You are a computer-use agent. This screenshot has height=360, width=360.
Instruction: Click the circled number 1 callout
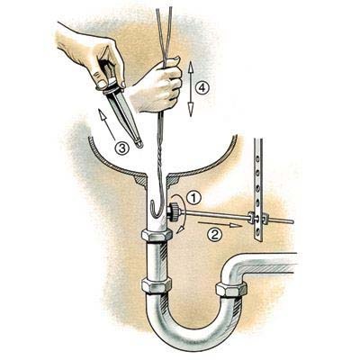[x=193, y=198]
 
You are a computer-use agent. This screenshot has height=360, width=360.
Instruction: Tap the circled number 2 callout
[x=215, y=234]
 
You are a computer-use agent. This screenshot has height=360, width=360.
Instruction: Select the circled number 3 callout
[x=122, y=148]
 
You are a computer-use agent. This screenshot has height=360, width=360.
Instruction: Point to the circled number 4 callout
[x=202, y=88]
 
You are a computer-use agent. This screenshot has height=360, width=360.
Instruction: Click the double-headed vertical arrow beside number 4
[x=190, y=89]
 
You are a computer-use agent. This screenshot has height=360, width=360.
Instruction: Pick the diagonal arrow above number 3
[x=106, y=124]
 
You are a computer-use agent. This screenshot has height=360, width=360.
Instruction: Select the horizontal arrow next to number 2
[x=220, y=224]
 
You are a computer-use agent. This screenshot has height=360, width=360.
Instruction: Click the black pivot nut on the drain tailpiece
[x=173, y=211]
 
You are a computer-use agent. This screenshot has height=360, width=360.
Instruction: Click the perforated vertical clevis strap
[x=258, y=189]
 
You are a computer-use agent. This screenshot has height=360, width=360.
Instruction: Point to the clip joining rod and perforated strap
[x=257, y=219]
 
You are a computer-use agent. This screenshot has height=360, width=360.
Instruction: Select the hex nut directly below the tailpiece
[x=157, y=235]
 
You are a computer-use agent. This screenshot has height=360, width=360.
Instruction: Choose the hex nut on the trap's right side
[x=231, y=290]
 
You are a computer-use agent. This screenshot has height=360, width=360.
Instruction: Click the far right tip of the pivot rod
[x=292, y=221]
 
